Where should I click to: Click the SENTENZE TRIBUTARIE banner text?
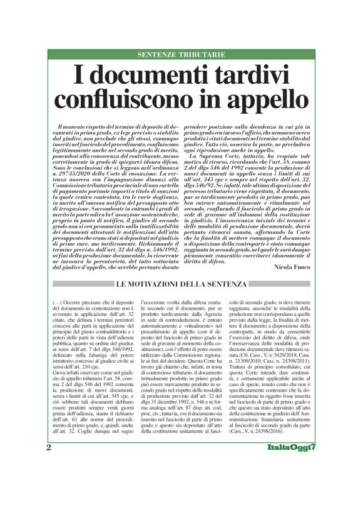181,55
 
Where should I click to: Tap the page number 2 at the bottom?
49,483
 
